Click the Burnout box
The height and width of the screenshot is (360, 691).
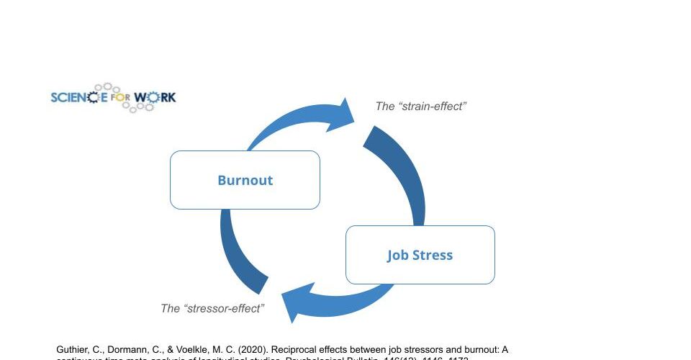245,180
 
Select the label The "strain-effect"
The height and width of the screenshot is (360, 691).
421,107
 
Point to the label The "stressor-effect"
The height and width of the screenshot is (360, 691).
212,308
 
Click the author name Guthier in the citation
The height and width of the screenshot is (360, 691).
73,349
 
